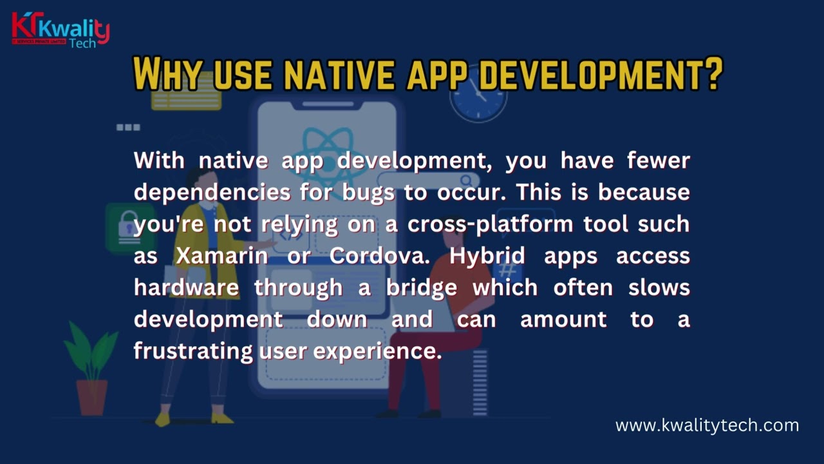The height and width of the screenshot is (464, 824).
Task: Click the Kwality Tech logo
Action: click(61, 30)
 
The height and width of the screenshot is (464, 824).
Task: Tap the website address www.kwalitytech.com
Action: click(707, 425)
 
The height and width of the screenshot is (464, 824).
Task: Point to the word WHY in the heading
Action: click(169, 75)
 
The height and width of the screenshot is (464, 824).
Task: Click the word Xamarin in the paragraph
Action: click(222, 256)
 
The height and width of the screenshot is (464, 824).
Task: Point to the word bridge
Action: click(422, 287)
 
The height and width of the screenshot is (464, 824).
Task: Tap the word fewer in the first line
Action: click(659, 160)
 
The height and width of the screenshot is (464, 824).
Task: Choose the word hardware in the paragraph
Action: click(186, 287)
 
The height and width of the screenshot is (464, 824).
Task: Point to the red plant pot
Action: click(92, 396)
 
